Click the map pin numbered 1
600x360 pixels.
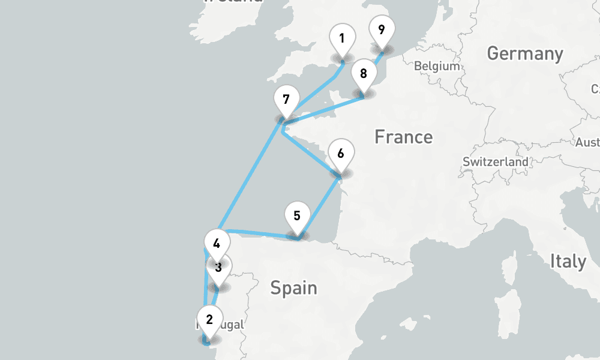point(341,40)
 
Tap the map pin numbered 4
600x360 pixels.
point(217,244)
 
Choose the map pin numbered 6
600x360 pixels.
point(341,154)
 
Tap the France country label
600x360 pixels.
point(403,137)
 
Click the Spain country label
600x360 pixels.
point(293,288)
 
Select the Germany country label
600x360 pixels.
point(525,54)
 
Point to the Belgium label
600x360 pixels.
point(436,66)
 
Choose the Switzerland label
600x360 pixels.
point(496,162)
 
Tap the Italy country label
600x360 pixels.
point(568,262)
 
